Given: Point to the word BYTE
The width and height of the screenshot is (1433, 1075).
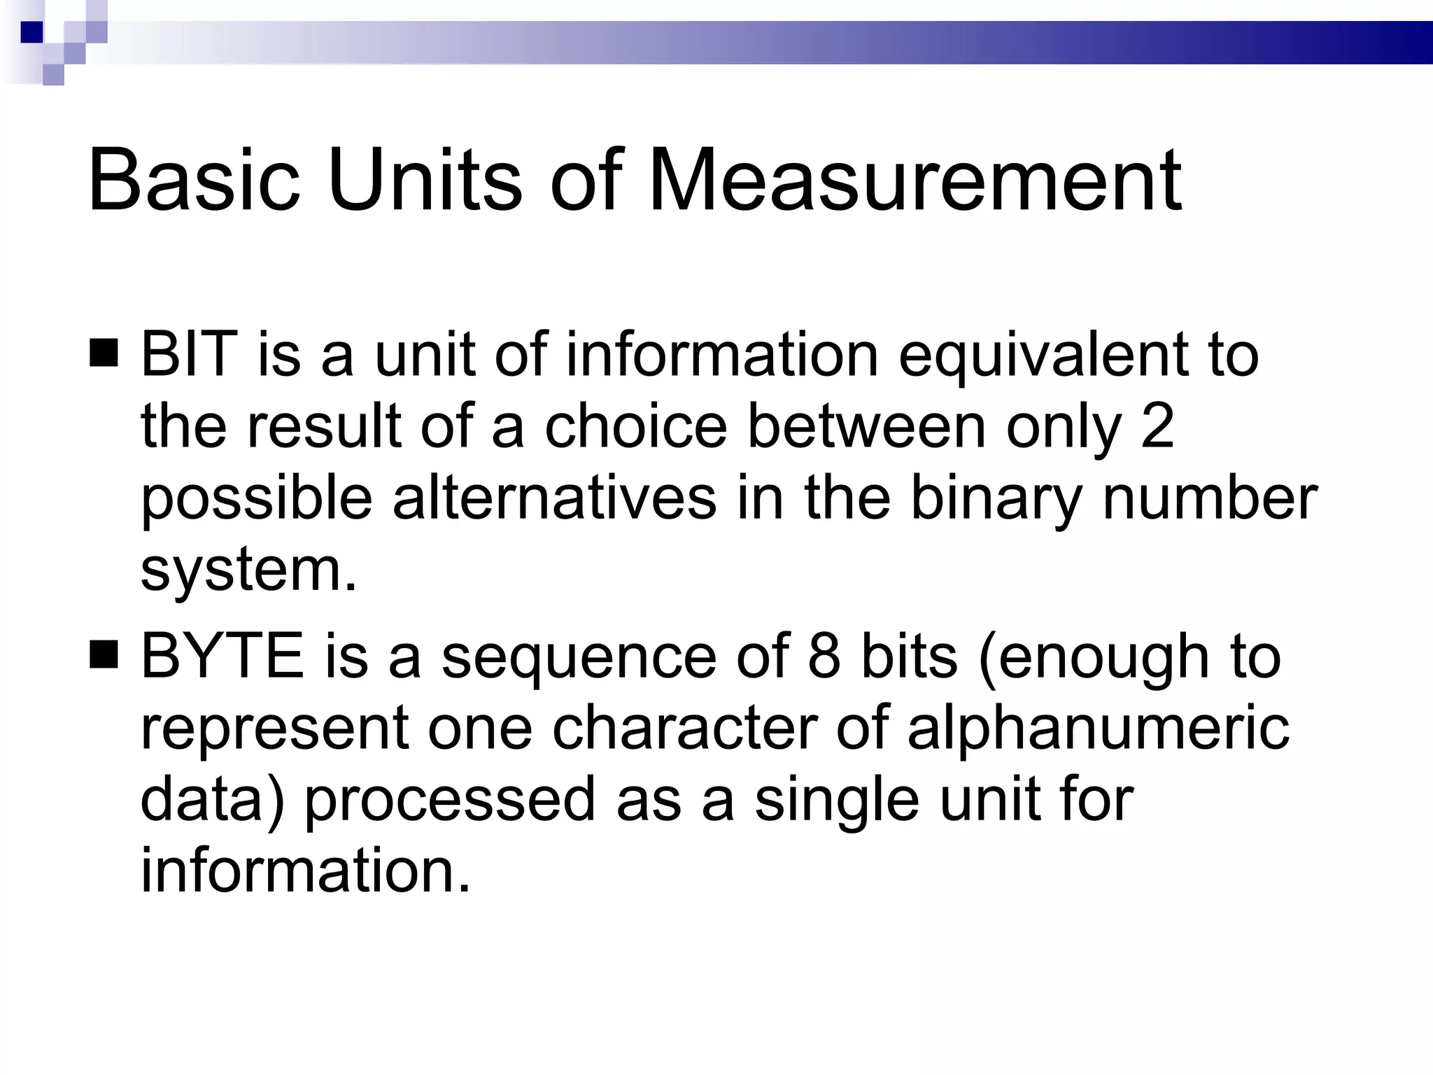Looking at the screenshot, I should pyautogui.click(x=223, y=656).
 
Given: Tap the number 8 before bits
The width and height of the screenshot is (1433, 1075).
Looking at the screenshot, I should pyautogui.click(x=824, y=656).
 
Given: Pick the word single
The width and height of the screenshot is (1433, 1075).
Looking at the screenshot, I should pyautogui.click(x=837, y=801).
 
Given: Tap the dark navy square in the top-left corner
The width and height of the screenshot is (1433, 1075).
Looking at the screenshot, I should pyautogui.click(x=31, y=32).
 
